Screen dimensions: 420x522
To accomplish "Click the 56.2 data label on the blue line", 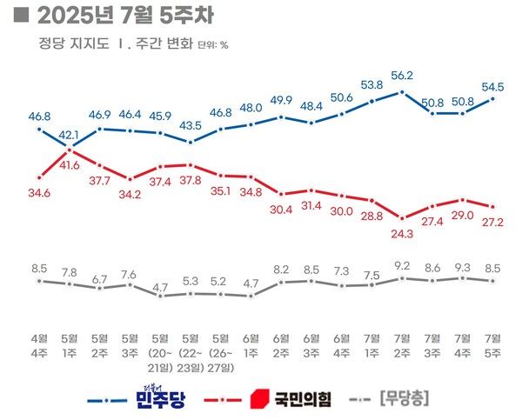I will (x=402, y=75).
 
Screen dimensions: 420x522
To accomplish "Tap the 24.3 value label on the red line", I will (x=402, y=233).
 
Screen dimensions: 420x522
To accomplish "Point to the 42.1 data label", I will (x=70, y=136).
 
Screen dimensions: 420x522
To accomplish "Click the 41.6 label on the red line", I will (x=71, y=164).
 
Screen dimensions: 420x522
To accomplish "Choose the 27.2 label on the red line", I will (x=494, y=222).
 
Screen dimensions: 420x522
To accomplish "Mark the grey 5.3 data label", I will (x=191, y=281).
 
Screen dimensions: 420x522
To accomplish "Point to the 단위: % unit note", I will (x=212, y=43).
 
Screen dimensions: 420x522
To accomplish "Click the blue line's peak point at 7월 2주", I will (x=402, y=90).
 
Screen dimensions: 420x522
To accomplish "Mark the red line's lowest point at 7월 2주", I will (x=402, y=217).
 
